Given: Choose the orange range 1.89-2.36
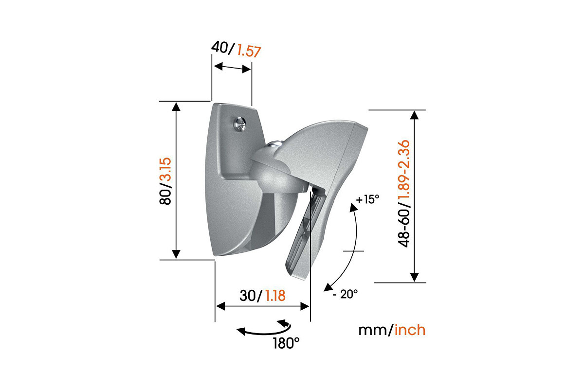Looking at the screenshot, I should (405, 174).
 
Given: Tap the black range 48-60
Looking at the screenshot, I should (405, 227).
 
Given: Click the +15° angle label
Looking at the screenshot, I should (367, 200).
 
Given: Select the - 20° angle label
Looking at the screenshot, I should (346, 294).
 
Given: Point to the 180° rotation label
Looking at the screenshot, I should (286, 343).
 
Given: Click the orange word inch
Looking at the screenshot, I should (410, 330).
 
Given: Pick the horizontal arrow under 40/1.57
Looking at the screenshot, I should (232, 68).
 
